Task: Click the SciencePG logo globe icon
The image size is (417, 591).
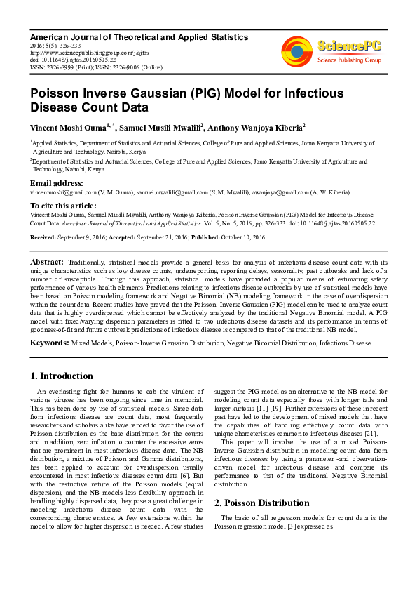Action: click(297, 51)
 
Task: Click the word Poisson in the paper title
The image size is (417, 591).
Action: click(57, 93)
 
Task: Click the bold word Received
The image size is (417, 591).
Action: click(43, 238)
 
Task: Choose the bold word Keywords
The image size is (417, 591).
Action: click(48, 343)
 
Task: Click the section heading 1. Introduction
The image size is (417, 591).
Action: click(62, 376)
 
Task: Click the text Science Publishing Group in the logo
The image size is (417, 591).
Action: click(348, 60)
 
